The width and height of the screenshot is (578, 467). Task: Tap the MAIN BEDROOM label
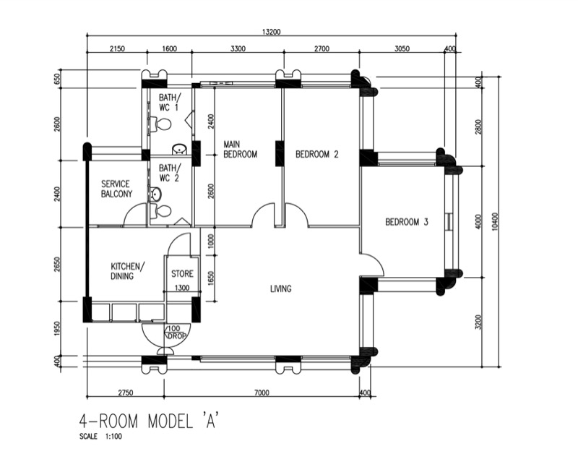point(240,149)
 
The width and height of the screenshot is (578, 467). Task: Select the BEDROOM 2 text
point(316,154)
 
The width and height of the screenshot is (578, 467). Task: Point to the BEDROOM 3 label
point(406,222)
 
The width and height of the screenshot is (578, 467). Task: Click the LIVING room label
point(280,289)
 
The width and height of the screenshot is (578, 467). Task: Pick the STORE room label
point(182,274)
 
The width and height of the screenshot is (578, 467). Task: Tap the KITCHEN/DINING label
point(127,270)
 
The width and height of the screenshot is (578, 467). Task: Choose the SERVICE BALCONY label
point(116,189)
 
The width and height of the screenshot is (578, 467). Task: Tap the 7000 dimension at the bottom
point(262,393)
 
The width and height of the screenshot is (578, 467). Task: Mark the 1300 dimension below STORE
point(182,288)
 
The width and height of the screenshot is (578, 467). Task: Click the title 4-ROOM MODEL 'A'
point(148,421)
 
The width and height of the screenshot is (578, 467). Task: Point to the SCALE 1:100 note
point(102,437)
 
